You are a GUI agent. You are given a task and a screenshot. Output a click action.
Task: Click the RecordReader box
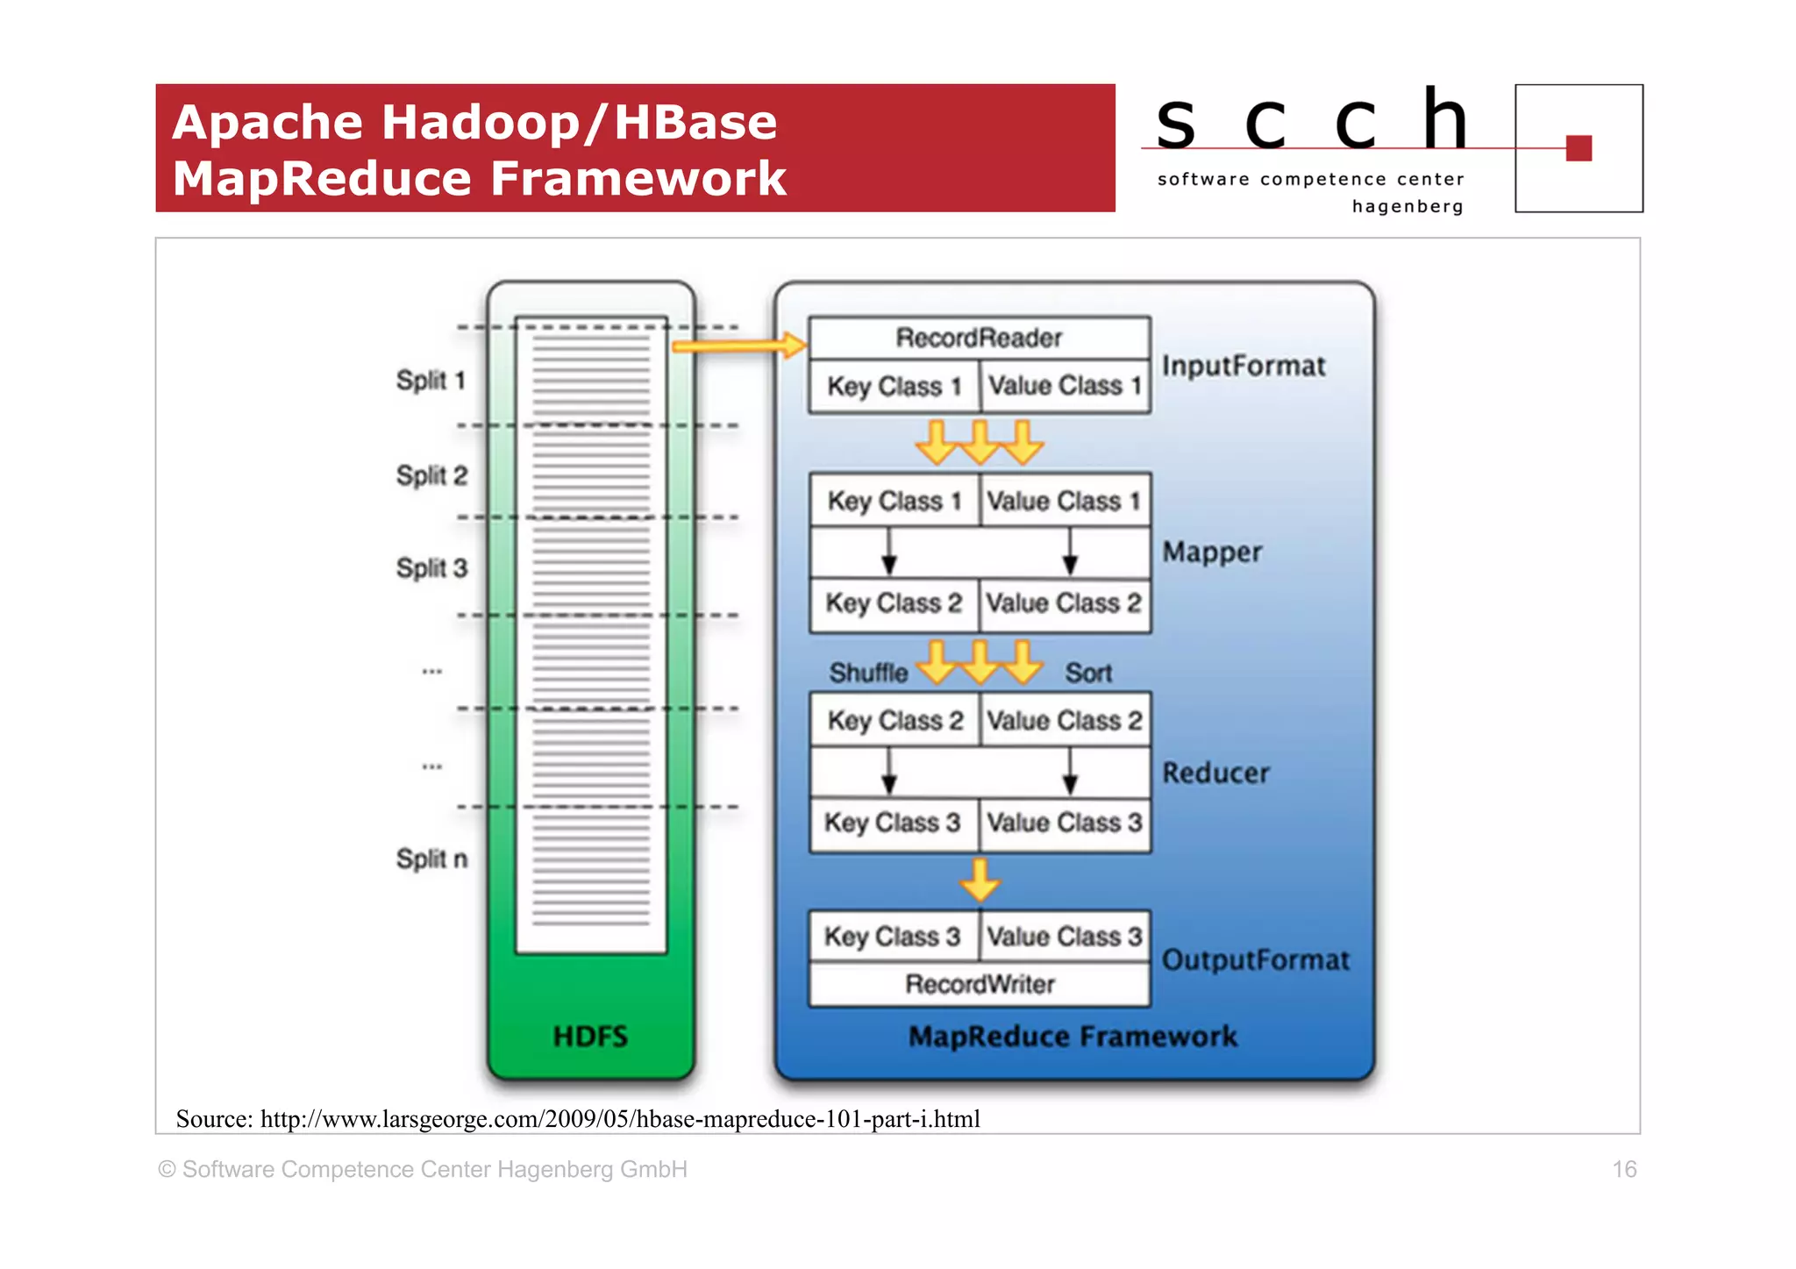tap(979, 338)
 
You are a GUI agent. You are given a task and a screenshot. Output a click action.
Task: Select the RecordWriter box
tap(979, 984)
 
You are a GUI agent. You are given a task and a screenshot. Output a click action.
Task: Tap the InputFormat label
tap(1244, 366)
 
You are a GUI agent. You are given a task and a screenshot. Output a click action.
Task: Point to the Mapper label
tap(1212, 552)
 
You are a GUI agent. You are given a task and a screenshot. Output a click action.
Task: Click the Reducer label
tap(1215, 773)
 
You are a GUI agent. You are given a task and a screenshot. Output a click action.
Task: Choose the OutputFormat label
tap(1255, 959)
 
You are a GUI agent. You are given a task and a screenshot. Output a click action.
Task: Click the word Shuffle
tap(868, 673)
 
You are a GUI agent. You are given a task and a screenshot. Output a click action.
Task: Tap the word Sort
tap(1088, 673)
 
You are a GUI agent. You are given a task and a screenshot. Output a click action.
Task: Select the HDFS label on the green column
tap(590, 1037)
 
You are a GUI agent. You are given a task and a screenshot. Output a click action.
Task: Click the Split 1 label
tap(431, 381)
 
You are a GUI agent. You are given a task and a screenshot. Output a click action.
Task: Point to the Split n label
tap(431, 859)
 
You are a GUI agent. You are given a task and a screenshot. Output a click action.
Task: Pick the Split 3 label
tap(431, 568)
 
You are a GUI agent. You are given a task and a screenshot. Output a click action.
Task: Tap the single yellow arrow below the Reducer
tap(980, 880)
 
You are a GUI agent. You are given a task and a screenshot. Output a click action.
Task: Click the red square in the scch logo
tap(1579, 148)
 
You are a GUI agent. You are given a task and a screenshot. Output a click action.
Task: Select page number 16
tap(1624, 1169)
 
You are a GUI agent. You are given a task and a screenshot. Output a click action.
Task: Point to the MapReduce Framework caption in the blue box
tap(1073, 1037)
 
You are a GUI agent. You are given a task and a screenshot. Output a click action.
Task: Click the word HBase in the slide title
tap(695, 122)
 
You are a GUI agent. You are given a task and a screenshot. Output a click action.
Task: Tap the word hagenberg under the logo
tap(1408, 207)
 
